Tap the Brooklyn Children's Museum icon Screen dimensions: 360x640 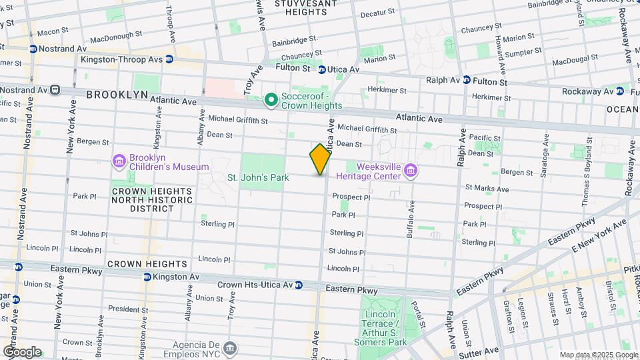coord(119,161)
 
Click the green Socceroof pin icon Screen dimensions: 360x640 coord(271,100)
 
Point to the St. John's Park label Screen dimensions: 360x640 coord(258,178)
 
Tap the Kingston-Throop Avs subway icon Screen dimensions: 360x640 coord(169,59)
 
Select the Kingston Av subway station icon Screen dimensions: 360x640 coord(146,277)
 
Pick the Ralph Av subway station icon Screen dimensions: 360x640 coord(467,79)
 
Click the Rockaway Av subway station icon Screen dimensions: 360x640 coord(620,91)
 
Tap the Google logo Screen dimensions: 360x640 coord(21,351)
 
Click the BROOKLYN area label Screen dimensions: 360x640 coord(117,95)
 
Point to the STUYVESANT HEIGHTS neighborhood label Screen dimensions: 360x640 coord(305,7)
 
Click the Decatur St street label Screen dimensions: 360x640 coord(379,14)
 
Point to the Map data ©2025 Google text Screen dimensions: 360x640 coord(599,355)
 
